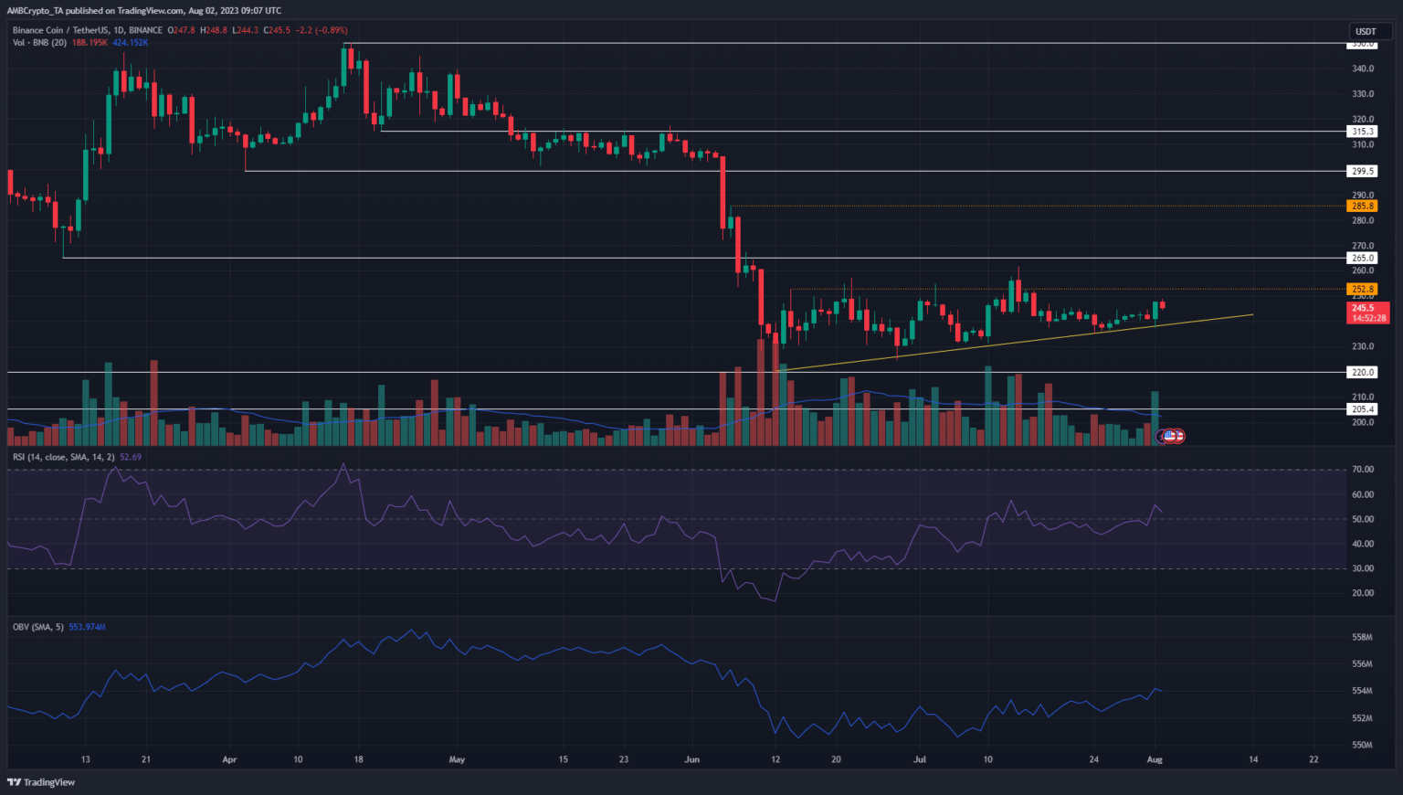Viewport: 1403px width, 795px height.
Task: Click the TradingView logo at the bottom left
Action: [41, 782]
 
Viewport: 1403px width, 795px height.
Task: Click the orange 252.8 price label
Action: [1363, 289]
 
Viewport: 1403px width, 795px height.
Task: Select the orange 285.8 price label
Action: [1363, 207]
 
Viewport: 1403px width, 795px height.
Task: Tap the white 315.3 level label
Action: [1363, 132]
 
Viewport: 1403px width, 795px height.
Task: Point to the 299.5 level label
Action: [1363, 171]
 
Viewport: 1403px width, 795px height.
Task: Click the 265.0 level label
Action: [1363, 259]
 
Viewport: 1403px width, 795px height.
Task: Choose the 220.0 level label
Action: [1363, 372]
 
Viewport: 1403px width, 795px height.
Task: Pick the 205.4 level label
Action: [1363, 409]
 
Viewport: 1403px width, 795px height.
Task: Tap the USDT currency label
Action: [1365, 32]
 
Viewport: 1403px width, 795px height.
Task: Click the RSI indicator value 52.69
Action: [131, 457]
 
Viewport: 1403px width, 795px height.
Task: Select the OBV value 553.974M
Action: [88, 627]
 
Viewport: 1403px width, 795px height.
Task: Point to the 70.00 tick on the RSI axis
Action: [1363, 470]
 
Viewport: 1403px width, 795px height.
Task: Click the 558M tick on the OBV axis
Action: [1363, 637]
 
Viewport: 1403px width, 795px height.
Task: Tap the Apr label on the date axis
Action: [229, 759]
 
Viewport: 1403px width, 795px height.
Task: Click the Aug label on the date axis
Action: [1155, 759]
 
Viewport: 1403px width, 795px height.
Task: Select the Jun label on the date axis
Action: [692, 759]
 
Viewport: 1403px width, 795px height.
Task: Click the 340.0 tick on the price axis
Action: [1363, 69]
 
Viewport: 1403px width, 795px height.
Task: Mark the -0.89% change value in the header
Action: [330, 30]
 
